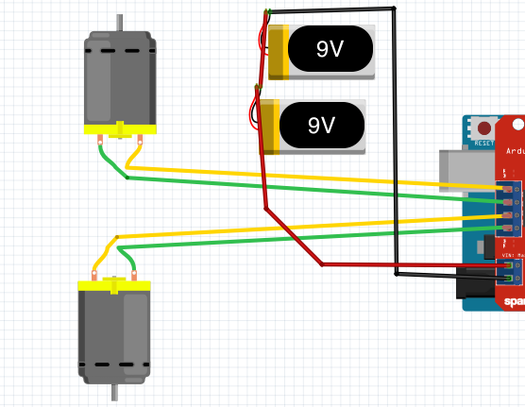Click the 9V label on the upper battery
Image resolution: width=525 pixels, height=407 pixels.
(x=330, y=50)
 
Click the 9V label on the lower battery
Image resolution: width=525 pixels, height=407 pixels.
(x=322, y=125)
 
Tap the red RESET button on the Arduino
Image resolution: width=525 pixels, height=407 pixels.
(x=484, y=127)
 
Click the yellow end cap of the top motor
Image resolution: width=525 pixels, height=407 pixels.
(x=119, y=129)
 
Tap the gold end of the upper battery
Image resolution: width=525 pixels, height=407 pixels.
(x=277, y=52)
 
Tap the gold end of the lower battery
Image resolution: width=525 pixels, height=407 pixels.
(x=268, y=126)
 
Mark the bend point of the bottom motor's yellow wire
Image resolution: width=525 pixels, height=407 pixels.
(x=116, y=237)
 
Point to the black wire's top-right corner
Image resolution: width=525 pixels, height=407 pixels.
(x=394, y=8)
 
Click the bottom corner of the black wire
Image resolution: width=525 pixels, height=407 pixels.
(x=396, y=275)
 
